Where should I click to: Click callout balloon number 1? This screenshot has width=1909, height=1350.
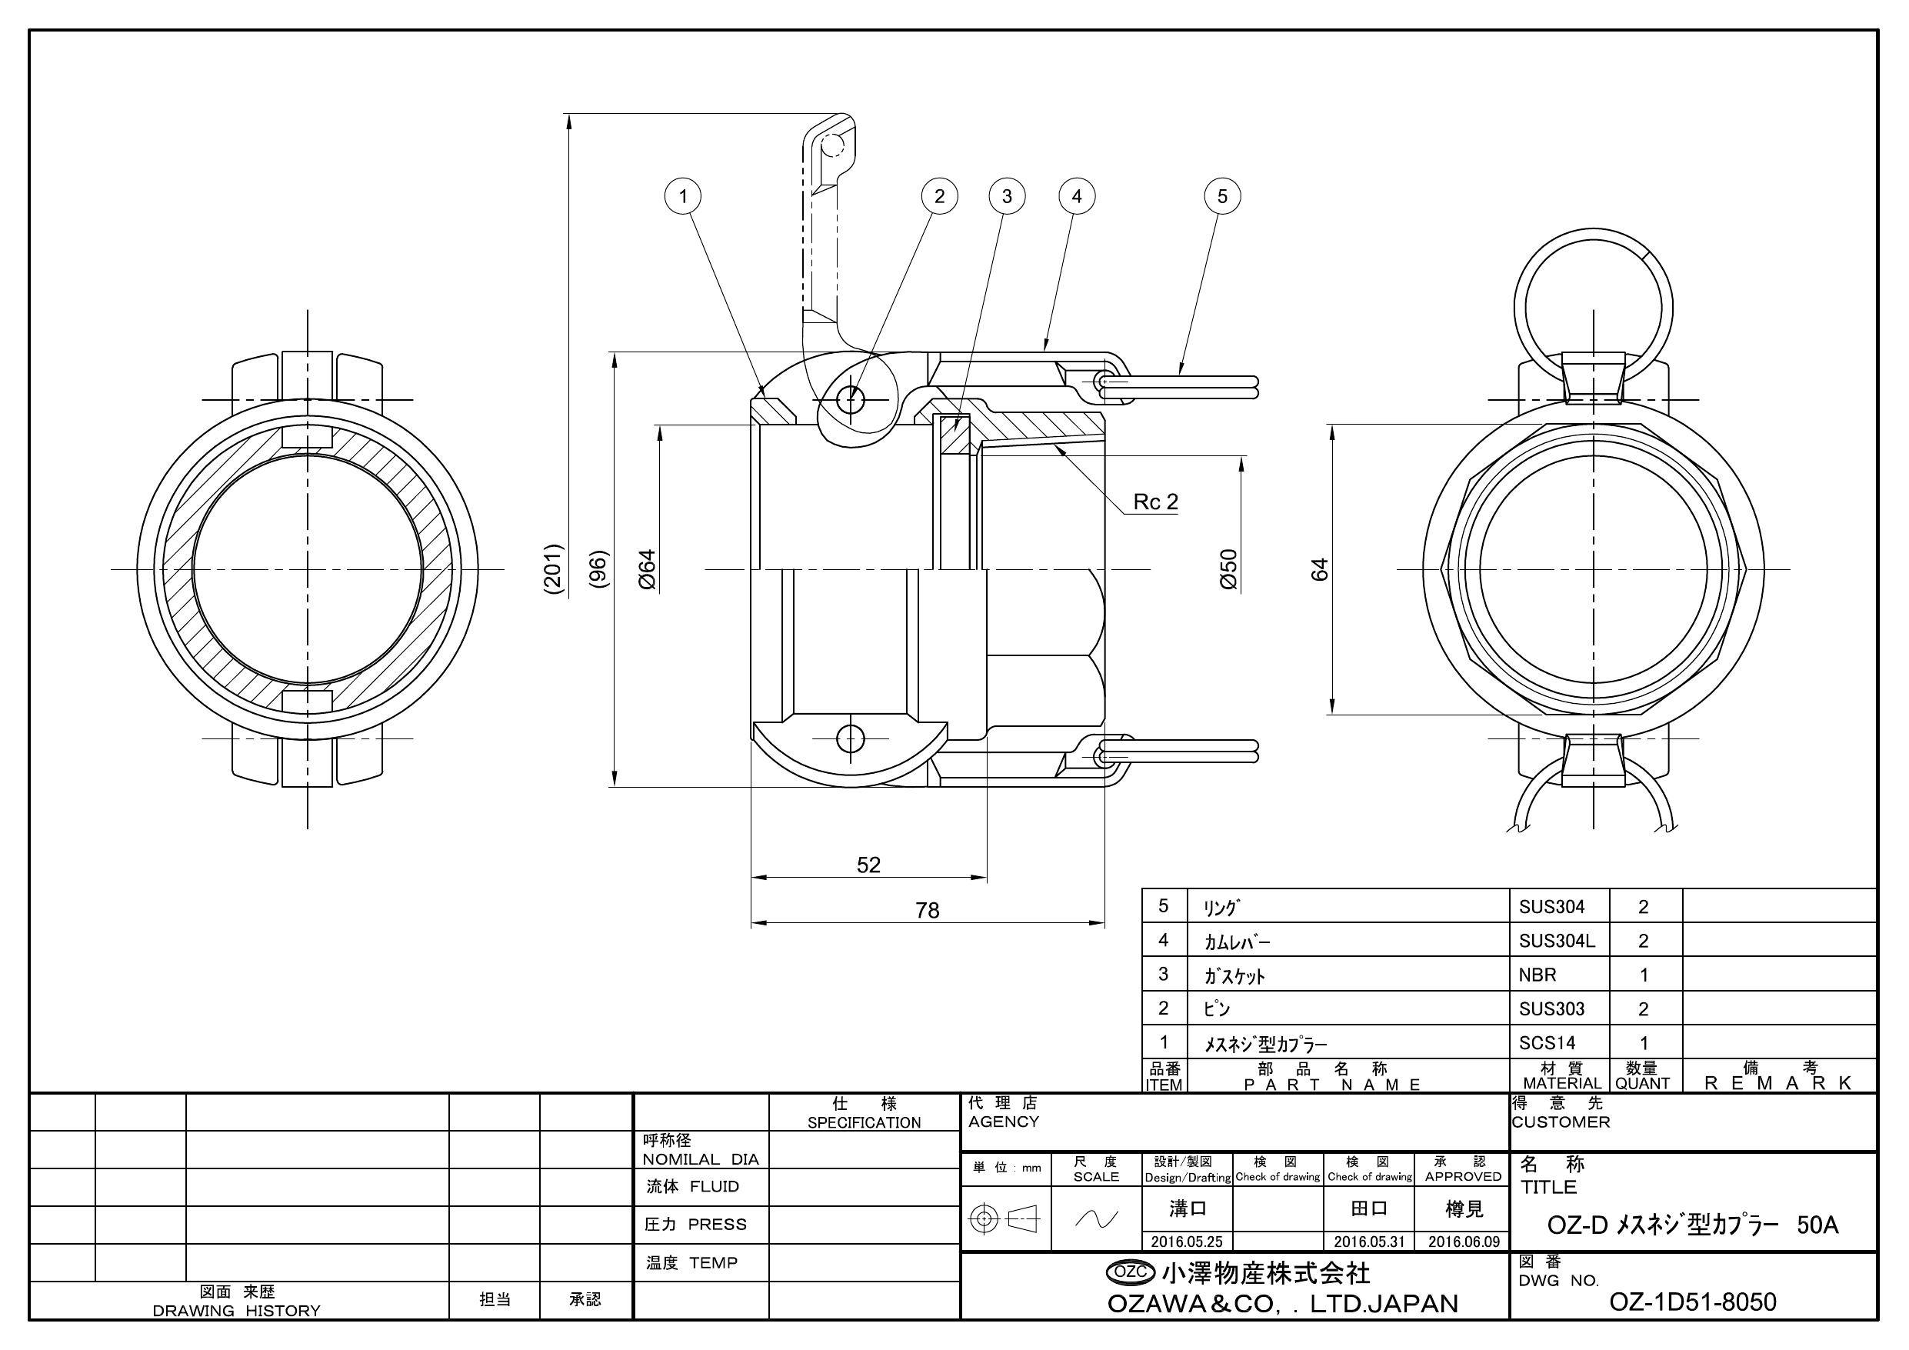(x=683, y=196)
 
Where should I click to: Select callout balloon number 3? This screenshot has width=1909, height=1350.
(x=1006, y=196)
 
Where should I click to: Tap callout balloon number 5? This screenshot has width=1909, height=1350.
(x=1221, y=196)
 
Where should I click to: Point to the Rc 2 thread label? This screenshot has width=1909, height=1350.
(x=1155, y=502)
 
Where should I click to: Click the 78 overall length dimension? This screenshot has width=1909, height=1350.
(x=927, y=911)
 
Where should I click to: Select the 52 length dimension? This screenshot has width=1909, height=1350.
(x=868, y=865)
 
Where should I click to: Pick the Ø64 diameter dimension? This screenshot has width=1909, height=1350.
(x=648, y=570)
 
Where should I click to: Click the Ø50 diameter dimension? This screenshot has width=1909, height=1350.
(x=1229, y=570)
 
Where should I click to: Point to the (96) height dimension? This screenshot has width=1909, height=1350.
(x=598, y=570)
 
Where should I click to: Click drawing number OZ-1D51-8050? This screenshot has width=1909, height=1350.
(x=1693, y=1302)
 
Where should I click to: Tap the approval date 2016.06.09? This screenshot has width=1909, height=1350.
(x=1464, y=1242)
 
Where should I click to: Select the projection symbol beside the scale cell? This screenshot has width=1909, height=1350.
(x=1005, y=1219)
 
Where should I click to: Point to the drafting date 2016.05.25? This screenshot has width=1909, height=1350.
(x=1187, y=1242)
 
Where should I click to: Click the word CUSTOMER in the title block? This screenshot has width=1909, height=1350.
(x=1561, y=1122)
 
